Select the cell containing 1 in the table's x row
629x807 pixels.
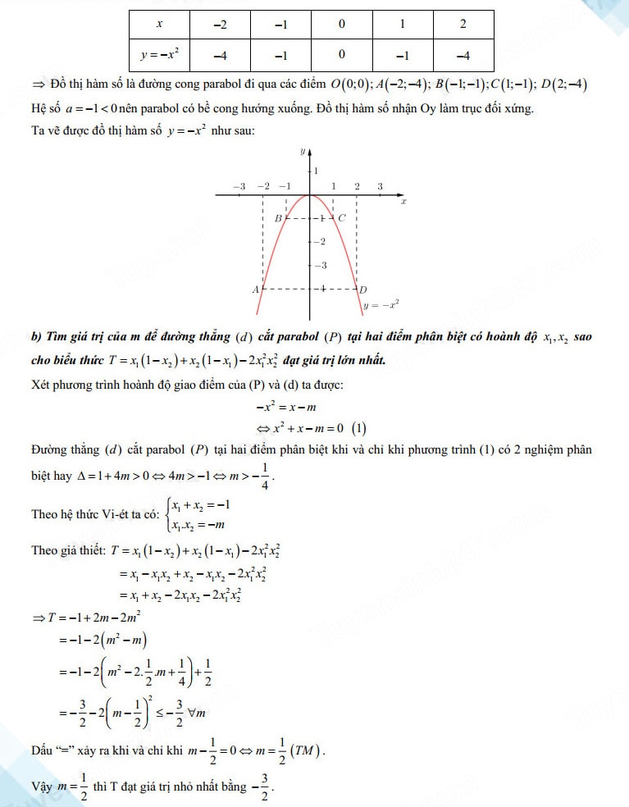coord(403,25)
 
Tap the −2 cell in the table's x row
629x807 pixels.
coord(220,25)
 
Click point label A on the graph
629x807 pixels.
coord(255,290)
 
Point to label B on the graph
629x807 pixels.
coord(278,218)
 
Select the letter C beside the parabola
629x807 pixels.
coord(341,218)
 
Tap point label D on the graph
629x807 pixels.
coord(362,290)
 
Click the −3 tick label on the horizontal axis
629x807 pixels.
coord(239,187)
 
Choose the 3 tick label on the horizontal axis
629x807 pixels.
coord(380,187)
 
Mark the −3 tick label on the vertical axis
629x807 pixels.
coord(321,265)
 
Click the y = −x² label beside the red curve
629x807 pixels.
coord(381,306)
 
